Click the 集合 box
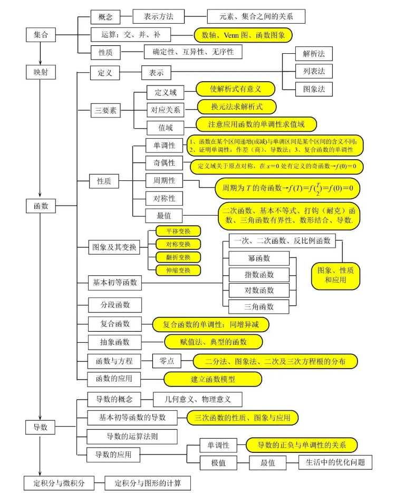41,35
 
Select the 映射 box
41,71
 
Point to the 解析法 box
314,53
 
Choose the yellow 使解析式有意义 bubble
236,89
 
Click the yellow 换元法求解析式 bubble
237,107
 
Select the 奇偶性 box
165,163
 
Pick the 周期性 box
165,181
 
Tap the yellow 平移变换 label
178,231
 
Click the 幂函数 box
259,258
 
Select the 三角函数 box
259,306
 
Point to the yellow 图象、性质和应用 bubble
335,275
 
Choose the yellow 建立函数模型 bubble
213,379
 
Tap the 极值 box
219,463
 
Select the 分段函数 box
108,305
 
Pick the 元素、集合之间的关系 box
256,16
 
